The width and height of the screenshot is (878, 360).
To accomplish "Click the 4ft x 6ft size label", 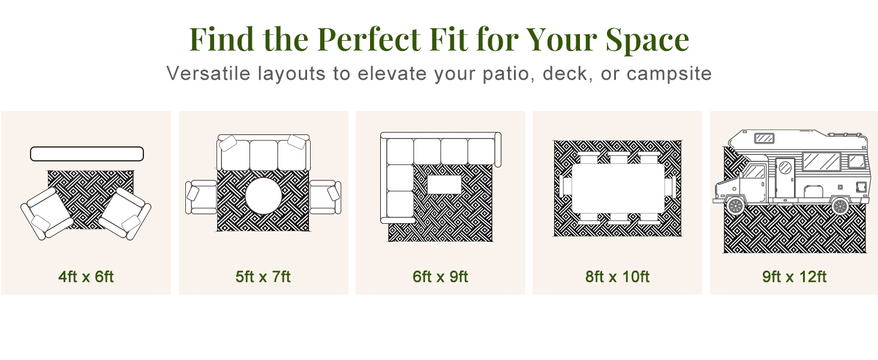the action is coord(86,277).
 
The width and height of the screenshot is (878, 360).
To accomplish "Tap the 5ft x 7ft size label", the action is coord(263,277).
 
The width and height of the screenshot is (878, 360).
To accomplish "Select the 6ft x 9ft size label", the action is coord(440,277).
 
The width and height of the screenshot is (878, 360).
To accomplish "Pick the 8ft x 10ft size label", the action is coord(617,277).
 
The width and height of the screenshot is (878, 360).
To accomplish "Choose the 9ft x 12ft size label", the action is coord(795,277).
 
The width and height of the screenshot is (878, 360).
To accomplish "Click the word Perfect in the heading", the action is coord(369,39).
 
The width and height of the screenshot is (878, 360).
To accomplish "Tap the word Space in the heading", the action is coord(647,40).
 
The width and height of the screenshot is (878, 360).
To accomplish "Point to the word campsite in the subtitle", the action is coord(669,74).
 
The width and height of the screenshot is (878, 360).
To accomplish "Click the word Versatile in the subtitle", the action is coord(208,73).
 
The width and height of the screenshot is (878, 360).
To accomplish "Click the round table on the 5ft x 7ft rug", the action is coord(263,196).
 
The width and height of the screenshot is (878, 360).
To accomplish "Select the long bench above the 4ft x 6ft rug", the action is coord(87,154).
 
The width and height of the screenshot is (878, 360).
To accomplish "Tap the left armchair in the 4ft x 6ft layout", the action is coord(48,214).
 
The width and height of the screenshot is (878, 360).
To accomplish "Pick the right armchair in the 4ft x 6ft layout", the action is coord(125,214).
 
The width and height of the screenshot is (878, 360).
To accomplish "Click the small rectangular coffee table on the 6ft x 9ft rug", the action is coord(444,184).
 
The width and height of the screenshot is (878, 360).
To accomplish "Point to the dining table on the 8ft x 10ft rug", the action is coord(618,188).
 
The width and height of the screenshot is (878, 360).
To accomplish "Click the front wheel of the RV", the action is coord(735,205).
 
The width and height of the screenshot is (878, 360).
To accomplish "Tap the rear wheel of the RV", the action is coord(840,205).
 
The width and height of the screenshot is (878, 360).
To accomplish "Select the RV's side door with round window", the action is coord(785,177).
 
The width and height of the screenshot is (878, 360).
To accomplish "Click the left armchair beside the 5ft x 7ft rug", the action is coord(201,197).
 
